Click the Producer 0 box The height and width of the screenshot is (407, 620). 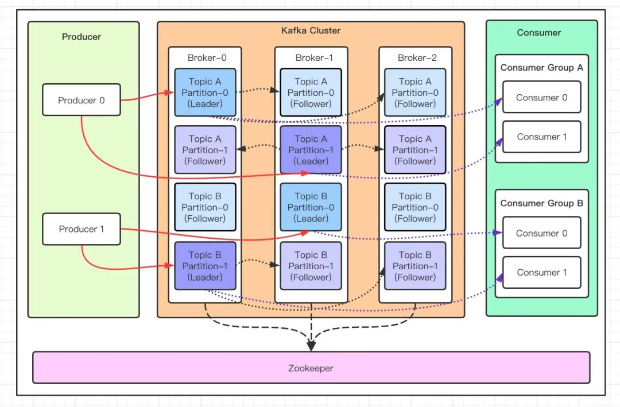coord(82,100)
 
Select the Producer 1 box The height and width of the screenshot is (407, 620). coord(82,228)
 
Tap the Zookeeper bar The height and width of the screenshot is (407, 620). coord(311,367)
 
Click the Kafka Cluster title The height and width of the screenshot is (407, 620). coord(311,30)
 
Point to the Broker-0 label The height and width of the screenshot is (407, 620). coord(204,57)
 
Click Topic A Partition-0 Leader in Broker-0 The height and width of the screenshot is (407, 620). coord(205,92)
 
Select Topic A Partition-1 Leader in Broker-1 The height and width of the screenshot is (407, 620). coord(311,150)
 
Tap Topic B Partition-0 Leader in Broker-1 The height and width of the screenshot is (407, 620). coord(311,207)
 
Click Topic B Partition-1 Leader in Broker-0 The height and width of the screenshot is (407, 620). coord(205,266)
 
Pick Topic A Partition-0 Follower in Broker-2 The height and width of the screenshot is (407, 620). coord(415,92)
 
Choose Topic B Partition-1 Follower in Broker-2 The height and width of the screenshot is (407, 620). coord(415,266)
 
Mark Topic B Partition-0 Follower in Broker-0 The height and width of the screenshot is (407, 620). coord(205,207)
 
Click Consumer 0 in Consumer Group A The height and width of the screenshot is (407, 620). coord(541,98)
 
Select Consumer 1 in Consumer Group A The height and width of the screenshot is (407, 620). coord(541,137)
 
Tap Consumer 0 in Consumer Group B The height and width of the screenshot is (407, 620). coord(541,233)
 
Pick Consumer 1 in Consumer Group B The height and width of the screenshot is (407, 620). coord(541,272)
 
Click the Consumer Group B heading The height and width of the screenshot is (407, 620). coord(541,203)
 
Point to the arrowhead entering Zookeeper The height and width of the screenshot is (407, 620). coord(311,346)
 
